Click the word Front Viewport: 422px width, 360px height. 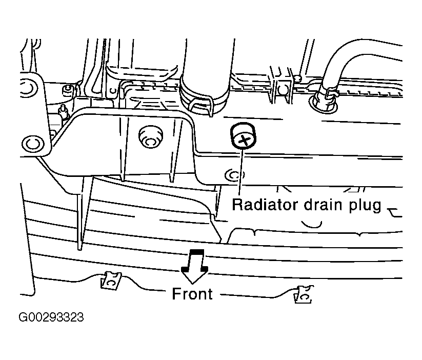click(192, 294)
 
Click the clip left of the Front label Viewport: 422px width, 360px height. click(111, 280)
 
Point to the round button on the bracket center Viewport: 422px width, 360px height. click(149, 135)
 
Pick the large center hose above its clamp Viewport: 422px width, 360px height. click(203, 67)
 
